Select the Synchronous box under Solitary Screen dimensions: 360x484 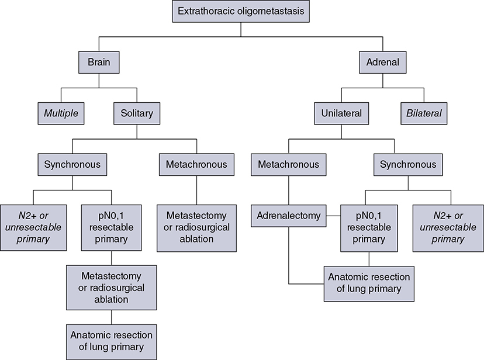72,165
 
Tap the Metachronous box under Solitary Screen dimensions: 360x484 196,165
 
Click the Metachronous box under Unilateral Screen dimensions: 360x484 289,165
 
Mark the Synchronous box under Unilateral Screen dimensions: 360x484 407,165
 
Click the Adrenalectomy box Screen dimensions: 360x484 289,216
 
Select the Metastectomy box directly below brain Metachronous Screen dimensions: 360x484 196,228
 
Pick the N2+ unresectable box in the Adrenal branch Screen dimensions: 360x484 448,228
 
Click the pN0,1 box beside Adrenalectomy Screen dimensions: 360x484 368,228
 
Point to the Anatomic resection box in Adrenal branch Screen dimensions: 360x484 368,283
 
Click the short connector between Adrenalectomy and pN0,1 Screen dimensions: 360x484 333,216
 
